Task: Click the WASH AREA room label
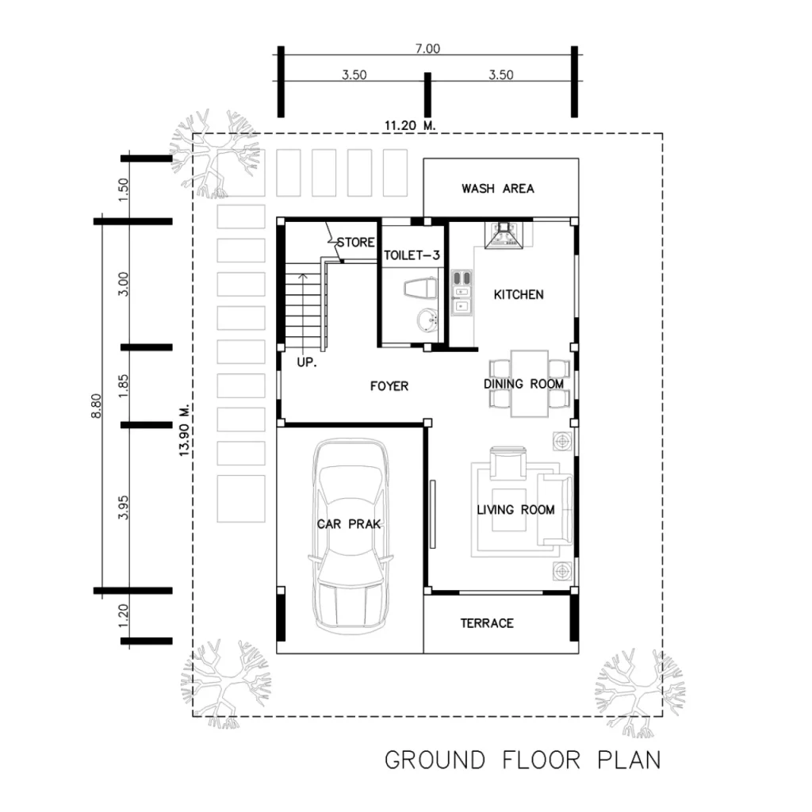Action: tap(498, 189)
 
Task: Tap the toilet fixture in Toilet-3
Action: tap(420, 289)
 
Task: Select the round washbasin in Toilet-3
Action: tap(427, 320)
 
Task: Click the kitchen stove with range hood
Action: tap(504, 235)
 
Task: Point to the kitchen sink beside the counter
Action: tap(462, 293)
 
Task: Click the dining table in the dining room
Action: tap(529, 384)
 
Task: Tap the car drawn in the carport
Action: tap(350, 537)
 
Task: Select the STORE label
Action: tap(356, 243)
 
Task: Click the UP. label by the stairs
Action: tap(307, 362)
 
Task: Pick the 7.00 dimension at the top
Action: tap(427, 48)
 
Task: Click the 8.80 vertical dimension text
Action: tap(96, 406)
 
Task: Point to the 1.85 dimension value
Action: tap(123, 386)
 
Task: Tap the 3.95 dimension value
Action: tap(123, 507)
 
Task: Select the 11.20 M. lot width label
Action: tap(410, 125)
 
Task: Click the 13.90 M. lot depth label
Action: tap(185, 431)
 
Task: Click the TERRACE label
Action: tap(488, 623)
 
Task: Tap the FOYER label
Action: tap(389, 386)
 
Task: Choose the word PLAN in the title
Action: tap(629, 760)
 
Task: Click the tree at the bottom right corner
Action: tap(641, 693)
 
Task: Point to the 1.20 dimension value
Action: tap(123, 615)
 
